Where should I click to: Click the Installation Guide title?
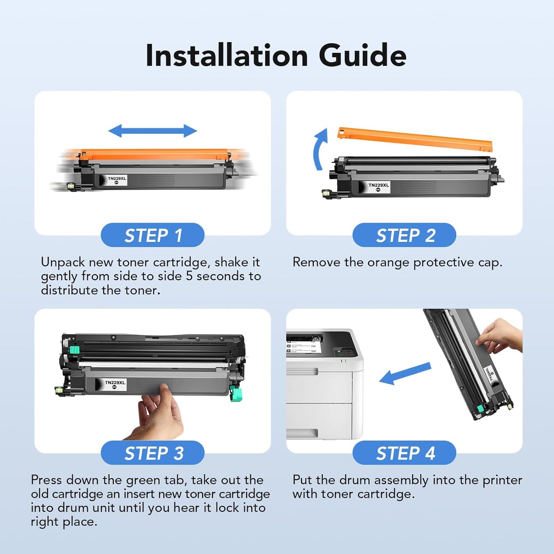(276, 56)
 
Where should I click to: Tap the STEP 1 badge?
(153, 235)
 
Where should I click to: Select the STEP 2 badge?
(404, 235)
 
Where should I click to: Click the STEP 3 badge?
(153, 453)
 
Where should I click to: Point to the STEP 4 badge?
(404, 453)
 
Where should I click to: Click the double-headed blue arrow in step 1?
(153, 131)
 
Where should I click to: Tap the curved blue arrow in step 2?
(320, 150)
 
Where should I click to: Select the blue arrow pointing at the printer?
(404, 374)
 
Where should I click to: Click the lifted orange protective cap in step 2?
(414, 139)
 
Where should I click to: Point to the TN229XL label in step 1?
(117, 180)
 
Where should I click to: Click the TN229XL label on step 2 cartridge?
(378, 187)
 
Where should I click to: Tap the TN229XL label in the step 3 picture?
(115, 384)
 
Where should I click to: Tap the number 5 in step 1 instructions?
(189, 276)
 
